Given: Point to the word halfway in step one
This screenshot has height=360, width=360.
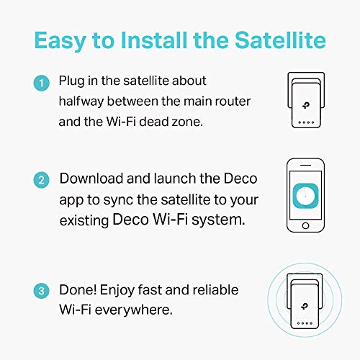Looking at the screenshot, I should point(87,102).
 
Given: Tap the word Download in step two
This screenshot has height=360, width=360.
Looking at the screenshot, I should point(90,179).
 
